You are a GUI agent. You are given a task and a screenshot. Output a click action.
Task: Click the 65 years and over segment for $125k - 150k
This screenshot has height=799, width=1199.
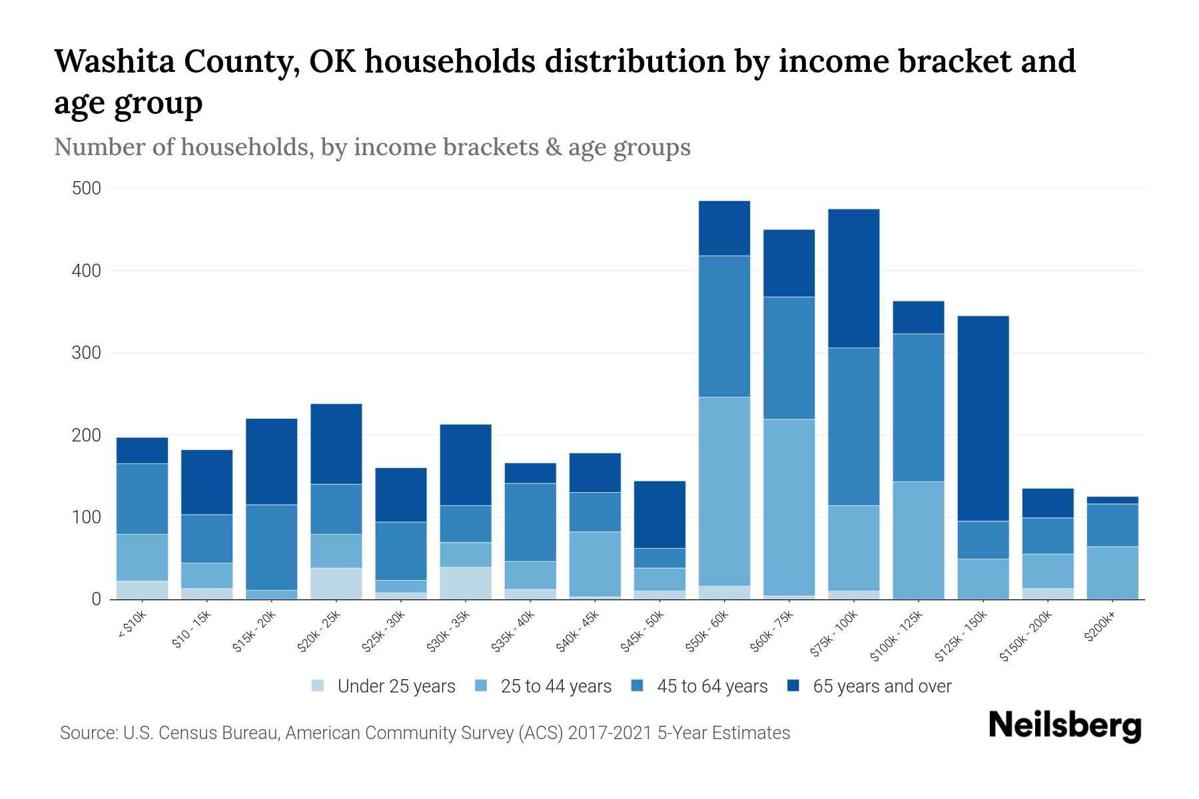click(x=983, y=418)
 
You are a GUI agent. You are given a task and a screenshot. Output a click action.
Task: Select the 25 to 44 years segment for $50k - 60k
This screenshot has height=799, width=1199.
click(x=724, y=491)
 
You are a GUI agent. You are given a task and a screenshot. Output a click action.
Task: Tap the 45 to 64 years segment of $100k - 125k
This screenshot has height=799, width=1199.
click(x=918, y=407)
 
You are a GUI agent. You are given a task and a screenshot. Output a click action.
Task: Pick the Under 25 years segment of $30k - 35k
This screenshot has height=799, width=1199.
click(x=466, y=583)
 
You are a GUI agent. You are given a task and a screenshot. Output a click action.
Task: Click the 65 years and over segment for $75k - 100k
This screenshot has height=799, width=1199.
click(x=853, y=278)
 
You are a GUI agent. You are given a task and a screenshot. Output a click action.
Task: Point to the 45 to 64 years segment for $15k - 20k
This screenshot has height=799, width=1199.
click(x=272, y=547)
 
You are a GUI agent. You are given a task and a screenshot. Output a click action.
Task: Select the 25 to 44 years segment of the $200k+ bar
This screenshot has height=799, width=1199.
click(x=1112, y=573)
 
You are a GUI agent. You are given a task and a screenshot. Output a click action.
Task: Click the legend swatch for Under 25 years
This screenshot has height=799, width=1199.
click(x=318, y=686)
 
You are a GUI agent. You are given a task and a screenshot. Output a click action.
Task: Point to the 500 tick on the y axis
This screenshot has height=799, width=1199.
click(x=87, y=188)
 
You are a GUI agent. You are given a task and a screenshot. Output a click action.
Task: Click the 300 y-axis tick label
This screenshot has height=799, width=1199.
click(x=87, y=353)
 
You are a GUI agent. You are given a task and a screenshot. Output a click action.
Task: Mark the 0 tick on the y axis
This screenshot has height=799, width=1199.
click(x=96, y=599)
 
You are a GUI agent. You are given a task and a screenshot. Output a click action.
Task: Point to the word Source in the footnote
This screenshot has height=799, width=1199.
click(x=87, y=733)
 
